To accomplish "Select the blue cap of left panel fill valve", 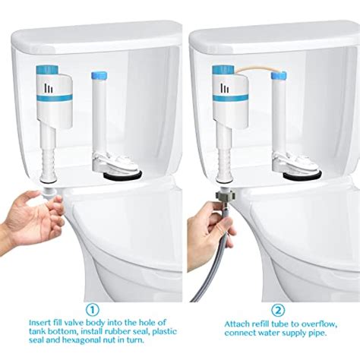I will (x=51, y=70).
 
